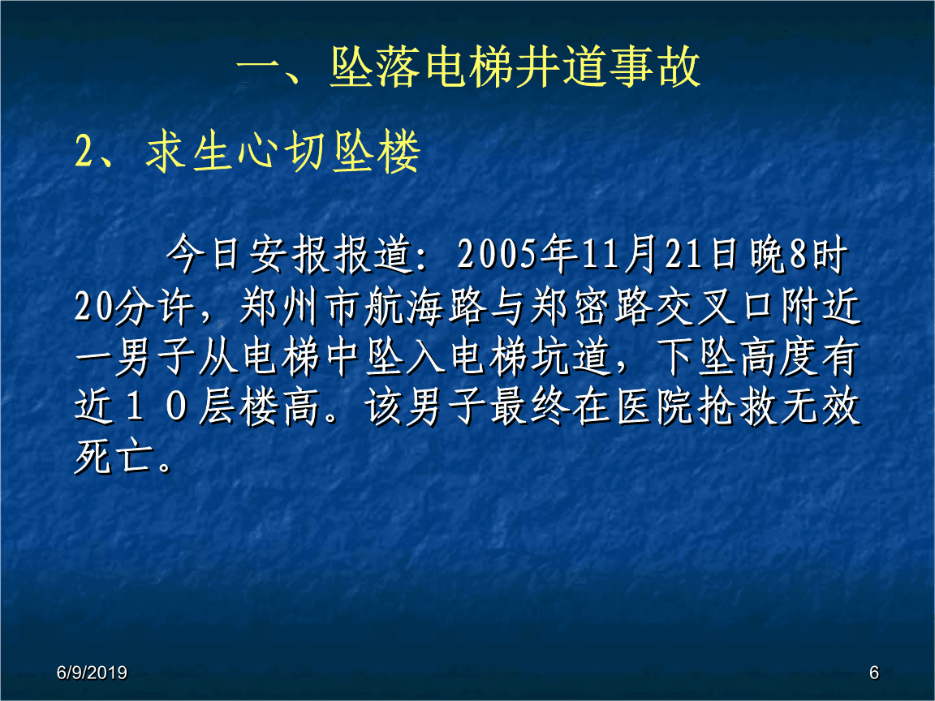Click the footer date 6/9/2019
coord(92,673)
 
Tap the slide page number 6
coord(873,673)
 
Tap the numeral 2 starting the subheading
coord(84,153)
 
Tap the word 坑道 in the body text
coord(571,359)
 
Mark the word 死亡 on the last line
coord(113,458)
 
